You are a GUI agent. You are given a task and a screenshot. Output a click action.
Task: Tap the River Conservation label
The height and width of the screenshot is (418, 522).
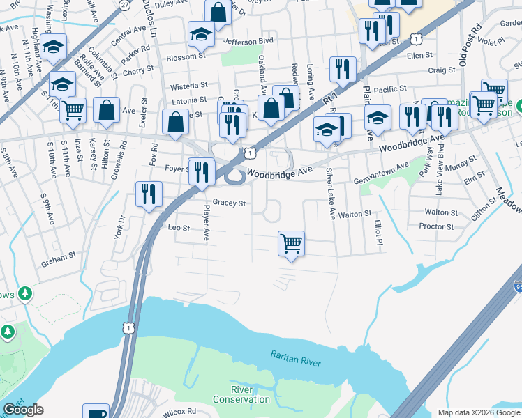pyautogui.click(x=241, y=394)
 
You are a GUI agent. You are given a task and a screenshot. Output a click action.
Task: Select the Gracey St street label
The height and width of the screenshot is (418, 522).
pyautogui.click(x=230, y=203)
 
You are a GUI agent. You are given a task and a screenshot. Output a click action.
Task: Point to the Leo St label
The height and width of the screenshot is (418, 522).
pyautogui.click(x=179, y=228)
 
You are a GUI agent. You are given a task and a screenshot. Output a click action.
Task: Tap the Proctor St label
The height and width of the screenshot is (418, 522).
pyautogui.click(x=437, y=226)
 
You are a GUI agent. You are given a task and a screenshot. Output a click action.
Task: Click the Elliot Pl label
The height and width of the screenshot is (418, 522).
pyautogui.click(x=378, y=233)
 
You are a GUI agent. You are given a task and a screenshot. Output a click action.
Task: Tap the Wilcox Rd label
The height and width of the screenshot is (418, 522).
pyautogui.click(x=181, y=411)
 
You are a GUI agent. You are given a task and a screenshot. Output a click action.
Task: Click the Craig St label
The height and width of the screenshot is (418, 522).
pyautogui.click(x=441, y=70)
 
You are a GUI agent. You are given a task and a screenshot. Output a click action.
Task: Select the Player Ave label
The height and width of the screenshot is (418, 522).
pyautogui.click(x=206, y=222)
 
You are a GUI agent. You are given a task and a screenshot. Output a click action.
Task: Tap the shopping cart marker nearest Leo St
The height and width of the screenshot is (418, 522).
pyautogui.click(x=291, y=244)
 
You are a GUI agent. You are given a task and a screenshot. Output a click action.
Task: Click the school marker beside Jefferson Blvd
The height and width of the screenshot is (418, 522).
pyautogui.click(x=201, y=34)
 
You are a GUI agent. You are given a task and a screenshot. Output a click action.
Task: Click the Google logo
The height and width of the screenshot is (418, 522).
pyautogui.click(x=23, y=410)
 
